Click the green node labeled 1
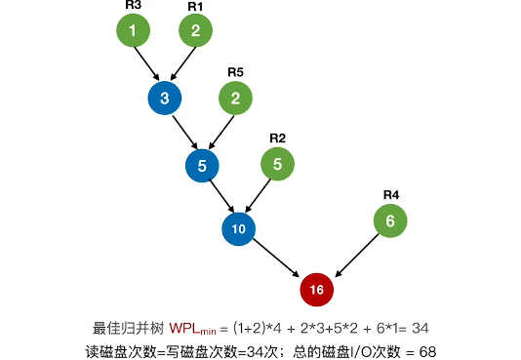point(133,31)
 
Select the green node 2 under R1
point(195,31)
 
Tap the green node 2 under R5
point(235,98)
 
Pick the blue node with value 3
point(165,98)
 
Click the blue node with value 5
point(202,165)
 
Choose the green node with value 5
point(277,164)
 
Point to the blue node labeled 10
point(238,229)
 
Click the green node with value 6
point(390,221)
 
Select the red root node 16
point(316,290)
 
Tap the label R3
point(133,5)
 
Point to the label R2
point(277,138)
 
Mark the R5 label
point(235,71)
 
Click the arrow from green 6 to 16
point(355,255)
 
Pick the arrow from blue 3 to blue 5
point(183,131)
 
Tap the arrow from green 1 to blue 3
point(148,64)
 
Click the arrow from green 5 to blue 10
point(258,196)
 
